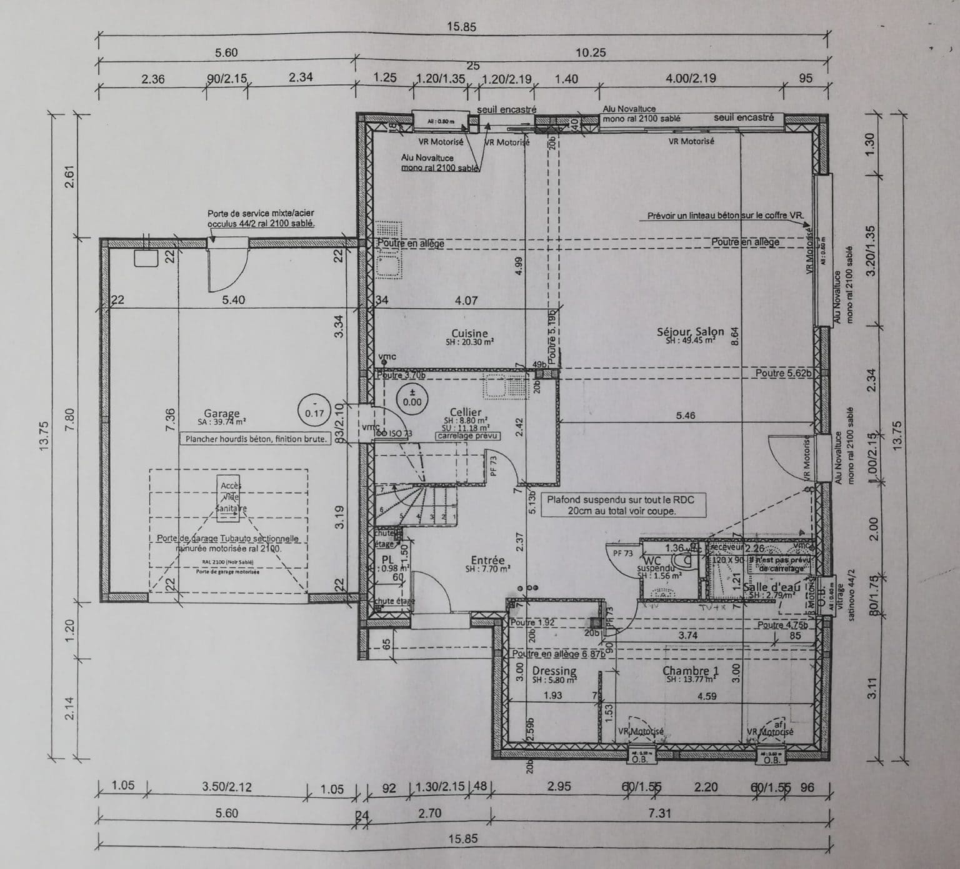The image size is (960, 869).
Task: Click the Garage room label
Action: coord(222,414)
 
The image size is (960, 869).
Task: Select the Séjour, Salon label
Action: coord(691,332)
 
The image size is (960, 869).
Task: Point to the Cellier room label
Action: coord(466,413)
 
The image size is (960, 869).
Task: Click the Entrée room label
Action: coord(487,561)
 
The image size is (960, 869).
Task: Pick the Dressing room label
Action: coord(554,671)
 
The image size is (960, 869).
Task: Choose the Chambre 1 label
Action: coord(691,671)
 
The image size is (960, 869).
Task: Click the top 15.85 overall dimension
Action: coord(462,27)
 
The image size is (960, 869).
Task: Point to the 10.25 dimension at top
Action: coord(591,53)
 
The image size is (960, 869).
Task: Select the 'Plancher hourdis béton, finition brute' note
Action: coord(255,439)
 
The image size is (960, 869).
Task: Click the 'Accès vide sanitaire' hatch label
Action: coord(231,496)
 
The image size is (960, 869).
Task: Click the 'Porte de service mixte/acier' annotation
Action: coord(261,218)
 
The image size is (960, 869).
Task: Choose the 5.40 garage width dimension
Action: coord(233,300)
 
